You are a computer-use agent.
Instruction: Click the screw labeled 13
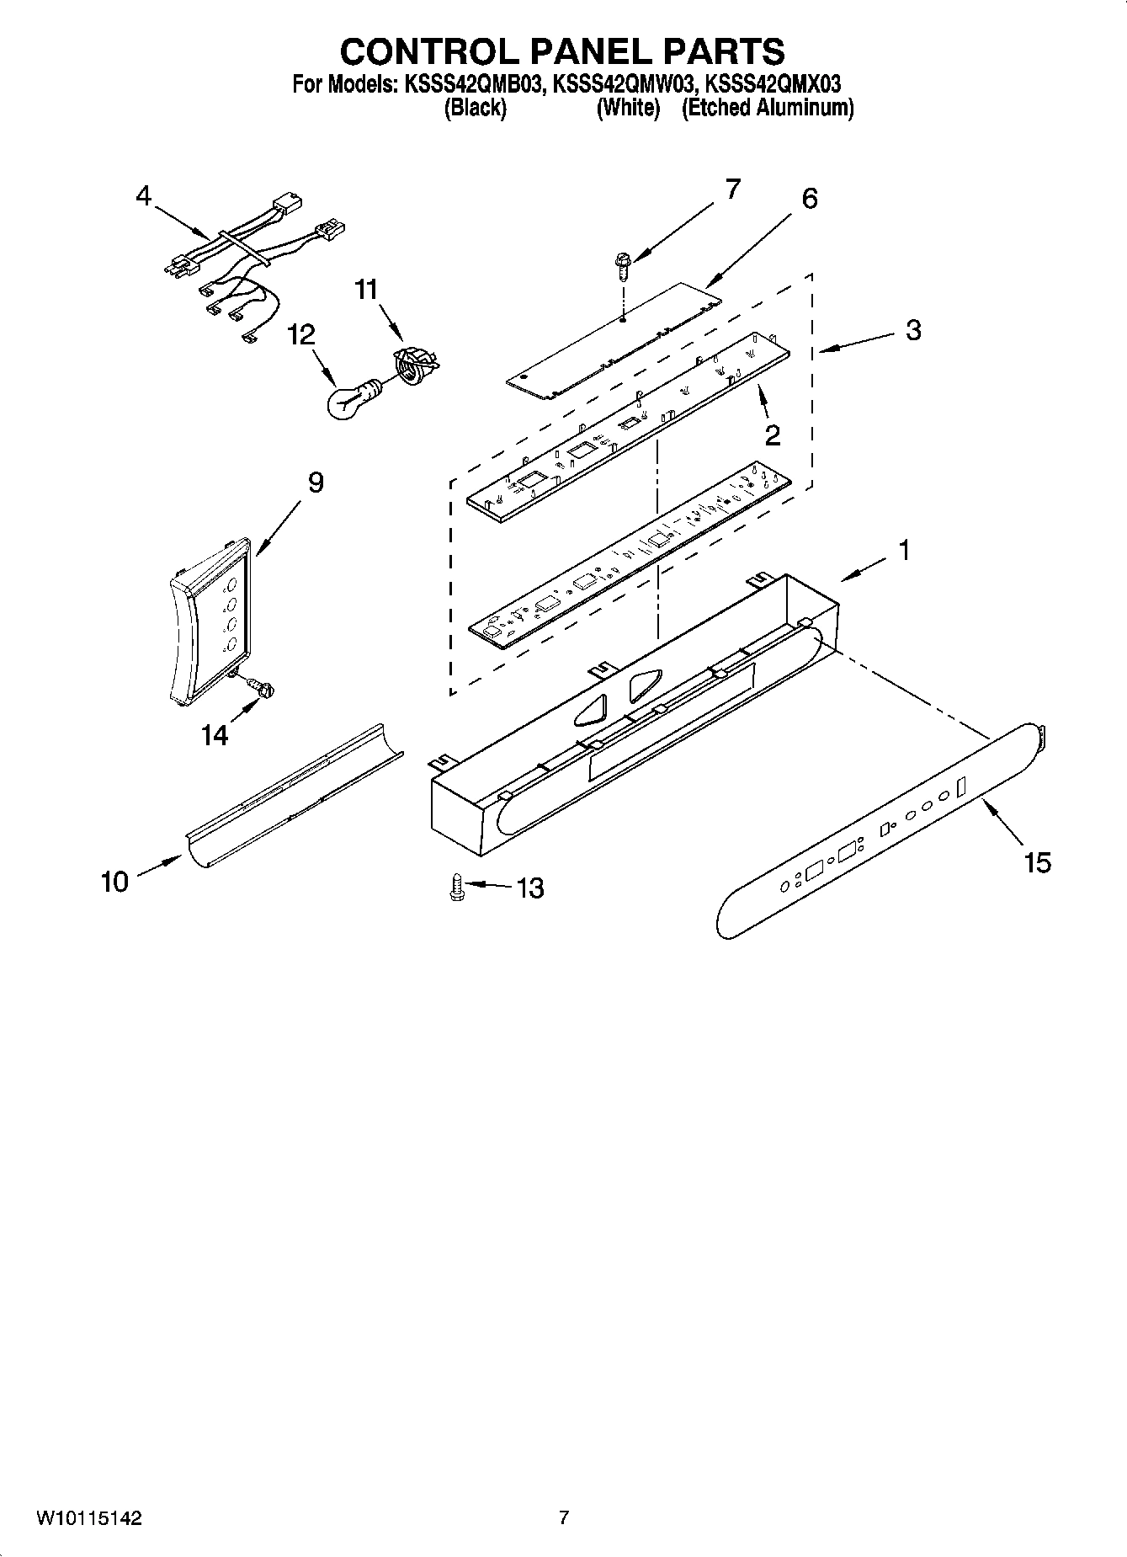click(x=456, y=888)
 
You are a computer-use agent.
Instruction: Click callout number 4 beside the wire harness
click(x=144, y=196)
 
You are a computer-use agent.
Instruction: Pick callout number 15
click(x=1038, y=861)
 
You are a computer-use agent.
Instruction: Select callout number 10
click(x=114, y=882)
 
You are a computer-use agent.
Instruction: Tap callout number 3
click(x=913, y=330)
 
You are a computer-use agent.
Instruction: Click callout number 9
click(x=316, y=483)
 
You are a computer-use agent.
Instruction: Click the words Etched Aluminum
click(x=768, y=108)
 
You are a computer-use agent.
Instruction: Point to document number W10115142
click(x=89, y=1519)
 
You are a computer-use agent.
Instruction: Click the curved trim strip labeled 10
click(x=290, y=796)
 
